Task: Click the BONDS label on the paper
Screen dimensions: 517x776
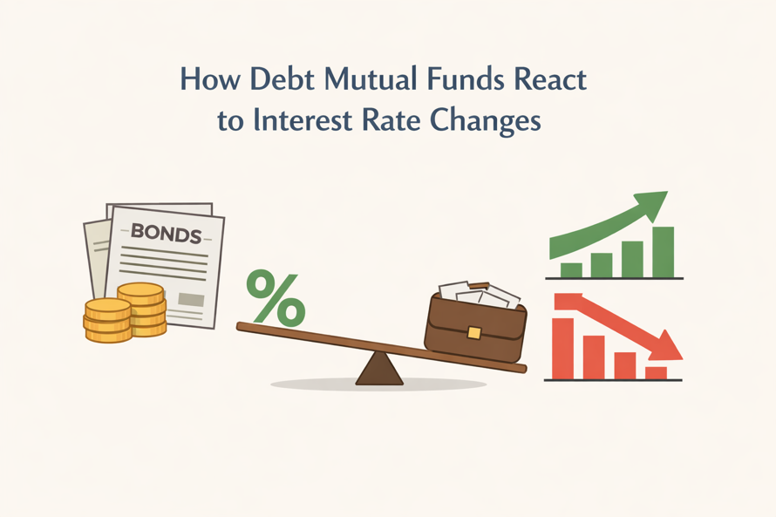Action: (166, 235)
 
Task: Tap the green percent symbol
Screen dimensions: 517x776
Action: (276, 296)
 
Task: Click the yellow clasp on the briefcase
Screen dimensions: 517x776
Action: (473, 332)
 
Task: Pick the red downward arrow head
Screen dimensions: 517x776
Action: (670, 346)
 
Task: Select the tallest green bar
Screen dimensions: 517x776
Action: (664, 251)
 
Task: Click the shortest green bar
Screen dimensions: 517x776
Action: (571, 269)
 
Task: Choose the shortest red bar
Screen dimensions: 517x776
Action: (656, 373)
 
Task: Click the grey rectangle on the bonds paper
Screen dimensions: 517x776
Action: (191, 300)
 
